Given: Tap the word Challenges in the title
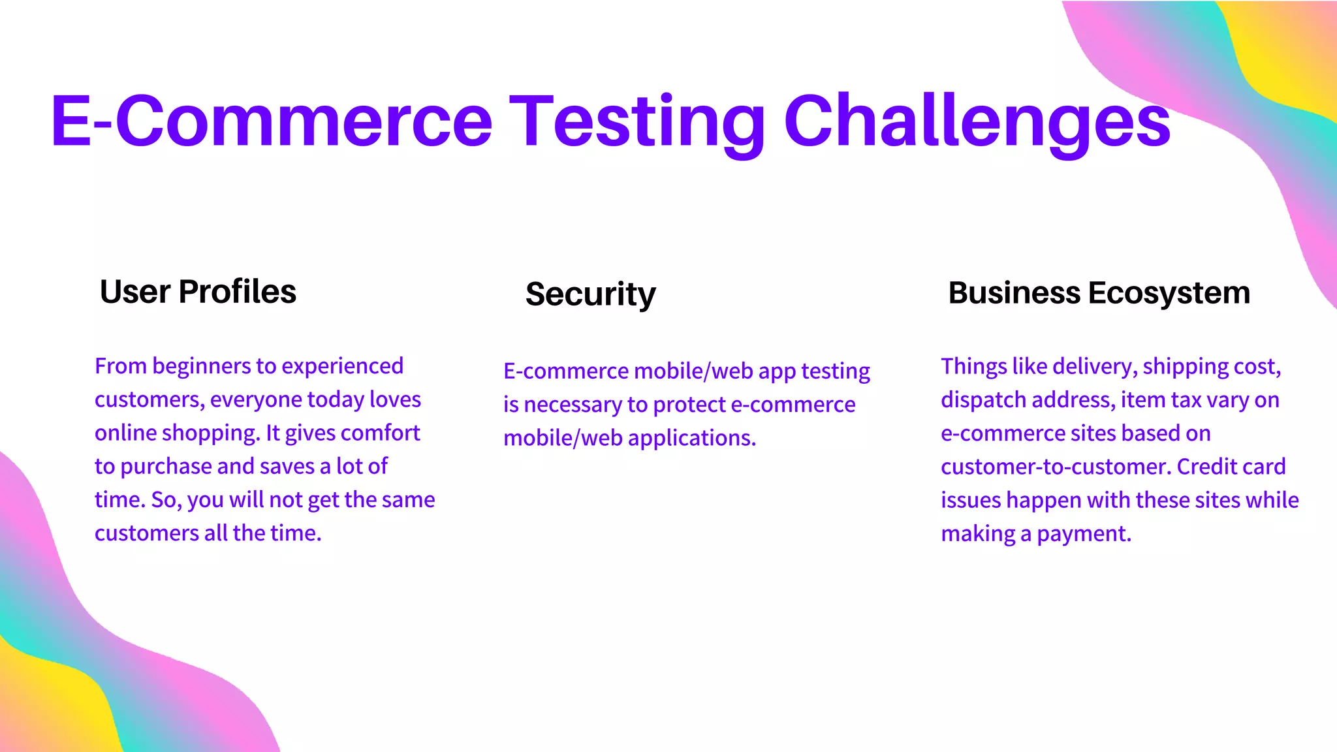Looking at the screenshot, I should [977, 121].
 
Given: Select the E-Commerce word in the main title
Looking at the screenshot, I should [271, 121].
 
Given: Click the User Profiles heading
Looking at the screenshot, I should [198, 292].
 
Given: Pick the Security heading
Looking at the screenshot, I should [590, 294].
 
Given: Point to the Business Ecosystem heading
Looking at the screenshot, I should [1099, 293].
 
